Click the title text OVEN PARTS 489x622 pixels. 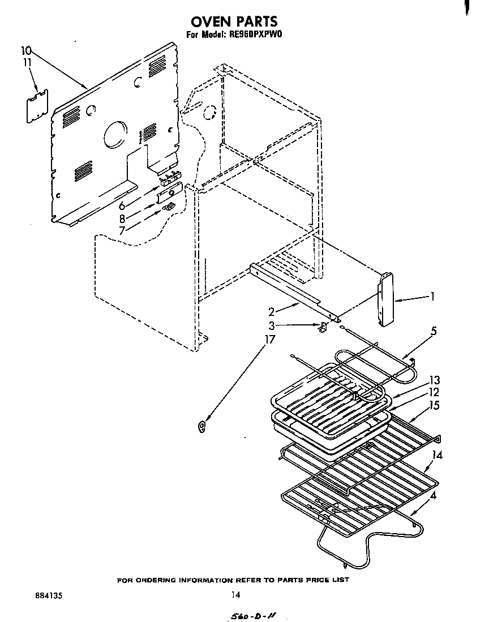point(234,22)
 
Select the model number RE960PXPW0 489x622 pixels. point(255,35)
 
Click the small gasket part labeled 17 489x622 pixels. point(202,426)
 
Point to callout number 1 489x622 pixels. point(432,296)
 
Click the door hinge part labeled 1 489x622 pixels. point(386,298)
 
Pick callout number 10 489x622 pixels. point(27,50)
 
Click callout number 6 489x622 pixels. point(121,206)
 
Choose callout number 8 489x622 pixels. point(122,218)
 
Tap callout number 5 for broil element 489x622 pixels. point(433,331)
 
